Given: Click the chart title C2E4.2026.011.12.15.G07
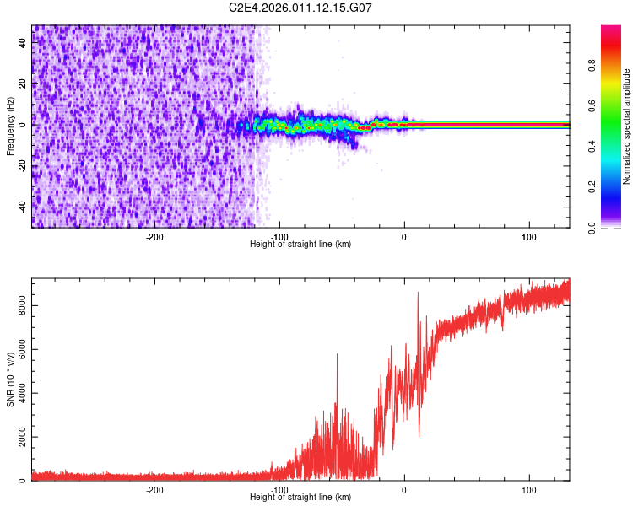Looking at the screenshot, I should coord(301,8).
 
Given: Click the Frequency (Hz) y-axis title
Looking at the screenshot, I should coord(10,126).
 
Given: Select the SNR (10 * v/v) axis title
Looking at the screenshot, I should coord(10,379).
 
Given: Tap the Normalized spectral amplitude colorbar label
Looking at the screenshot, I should coord(626,126).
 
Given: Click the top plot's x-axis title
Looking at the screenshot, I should coord(300,244).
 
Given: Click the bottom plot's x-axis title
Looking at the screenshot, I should coord(300,497).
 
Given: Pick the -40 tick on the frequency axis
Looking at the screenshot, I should coord(23,206).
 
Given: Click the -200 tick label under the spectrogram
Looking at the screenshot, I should coord(154,236).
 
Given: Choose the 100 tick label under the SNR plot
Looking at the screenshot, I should coord(529,489).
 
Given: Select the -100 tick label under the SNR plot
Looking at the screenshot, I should coord(279,489).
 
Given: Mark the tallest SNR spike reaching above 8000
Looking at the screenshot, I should coord(418,293).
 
